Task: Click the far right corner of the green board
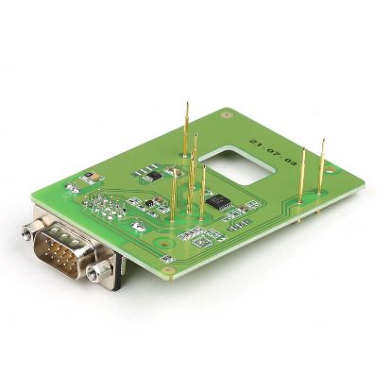(x=365, y=174)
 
